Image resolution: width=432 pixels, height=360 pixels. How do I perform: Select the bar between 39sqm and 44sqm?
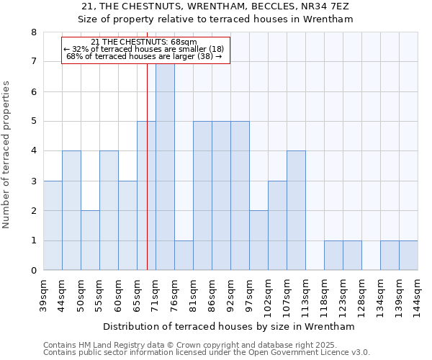[x=53, y=225]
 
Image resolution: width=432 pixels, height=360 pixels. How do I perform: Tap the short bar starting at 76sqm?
[x=184, y=255]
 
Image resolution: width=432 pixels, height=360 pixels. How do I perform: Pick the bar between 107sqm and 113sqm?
[x=296, y=210]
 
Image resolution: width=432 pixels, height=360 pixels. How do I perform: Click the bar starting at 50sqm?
[x=90, y=240]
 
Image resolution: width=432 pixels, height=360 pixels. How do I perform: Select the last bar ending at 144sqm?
[x=408, y=255]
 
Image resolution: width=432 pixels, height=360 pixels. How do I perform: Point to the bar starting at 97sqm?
[x=258, y=240]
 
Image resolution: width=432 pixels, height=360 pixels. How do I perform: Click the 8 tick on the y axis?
[x=34, y=32]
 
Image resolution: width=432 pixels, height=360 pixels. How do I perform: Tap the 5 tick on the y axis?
[x=34, y=122]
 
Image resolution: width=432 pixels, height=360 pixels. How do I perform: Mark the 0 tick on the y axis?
[x=34, y=271]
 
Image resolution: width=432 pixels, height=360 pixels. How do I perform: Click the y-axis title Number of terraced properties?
[x=6, y=154]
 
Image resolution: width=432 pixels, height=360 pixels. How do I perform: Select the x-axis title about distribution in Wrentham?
[x=230, y=326]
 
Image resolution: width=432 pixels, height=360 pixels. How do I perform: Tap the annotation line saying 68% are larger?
[x=145, y=56]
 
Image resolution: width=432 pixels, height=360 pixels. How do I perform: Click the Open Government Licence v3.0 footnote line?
[x=206, y=352]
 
